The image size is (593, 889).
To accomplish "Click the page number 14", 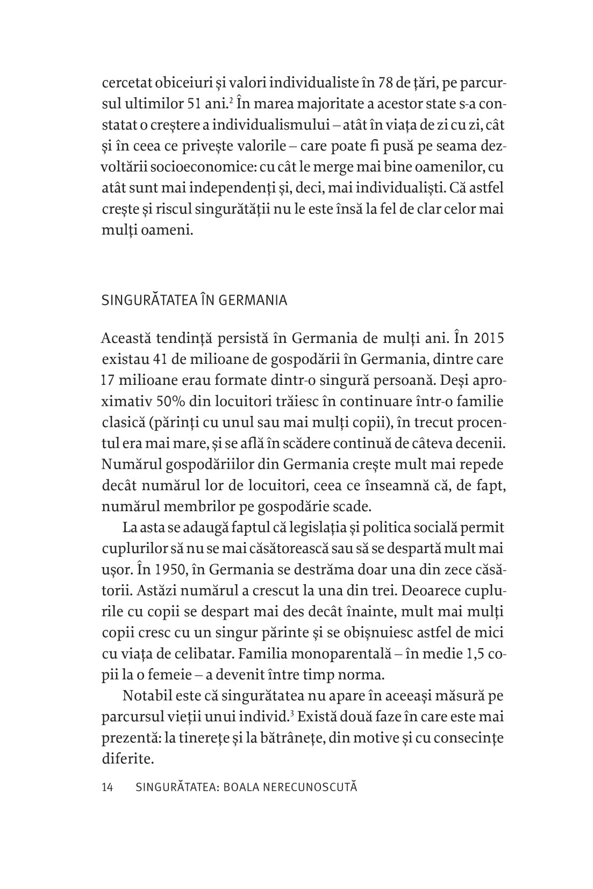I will [106, 788].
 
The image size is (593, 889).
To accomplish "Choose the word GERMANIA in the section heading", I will [253, 300].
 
